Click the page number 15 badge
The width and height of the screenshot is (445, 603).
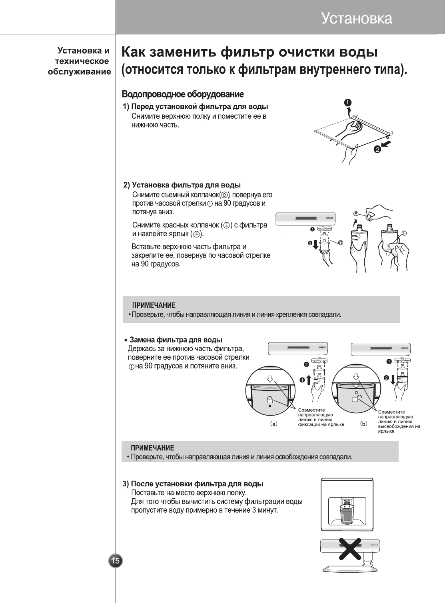pyautogui.click(x=115, y=561)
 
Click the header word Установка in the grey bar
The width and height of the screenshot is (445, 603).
pyautogui.click(x=357, y=18)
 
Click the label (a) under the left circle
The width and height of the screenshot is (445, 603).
pyautogui.click(x=273, y=424)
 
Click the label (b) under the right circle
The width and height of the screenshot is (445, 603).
pyautogui.click(x=363, y=424)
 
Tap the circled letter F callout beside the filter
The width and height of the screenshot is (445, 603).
pyautogui.click(x=404, y=233)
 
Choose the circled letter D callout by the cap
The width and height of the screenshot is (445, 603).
pyautogui.click(x=341, y=243)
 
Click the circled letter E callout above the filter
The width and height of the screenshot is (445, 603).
pyautogui.click(x=355, y=213)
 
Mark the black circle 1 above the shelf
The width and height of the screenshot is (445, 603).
pyautogui.click(x=348, y=103)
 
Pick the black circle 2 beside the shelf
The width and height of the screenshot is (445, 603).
pyautogui.click(x=377, y=149)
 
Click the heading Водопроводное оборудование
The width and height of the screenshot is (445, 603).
pyautogui.click(x=182, y=95)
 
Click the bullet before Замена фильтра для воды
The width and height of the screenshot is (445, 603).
pyautogui.click(x=126, y=340)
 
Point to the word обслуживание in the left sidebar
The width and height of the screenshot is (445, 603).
pyautogui.click(x=79, y=72)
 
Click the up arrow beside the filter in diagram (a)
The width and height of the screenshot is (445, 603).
pyautogui.click(x=308, y=379)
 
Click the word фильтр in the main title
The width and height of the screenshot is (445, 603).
pyautogui.click(x=248, y=52)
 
